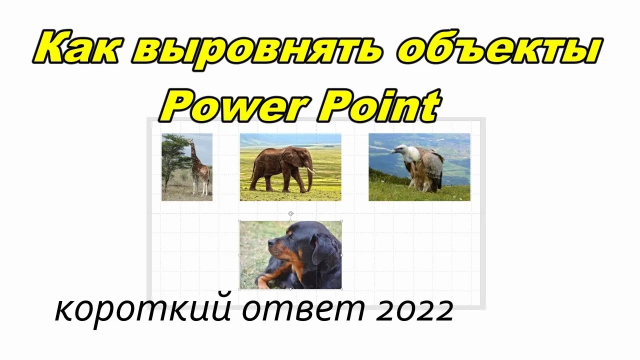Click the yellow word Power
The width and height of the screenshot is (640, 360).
235,105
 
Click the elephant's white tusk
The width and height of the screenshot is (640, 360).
311,171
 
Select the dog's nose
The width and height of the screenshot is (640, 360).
270,243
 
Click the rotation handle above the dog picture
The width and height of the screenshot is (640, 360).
291,213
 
